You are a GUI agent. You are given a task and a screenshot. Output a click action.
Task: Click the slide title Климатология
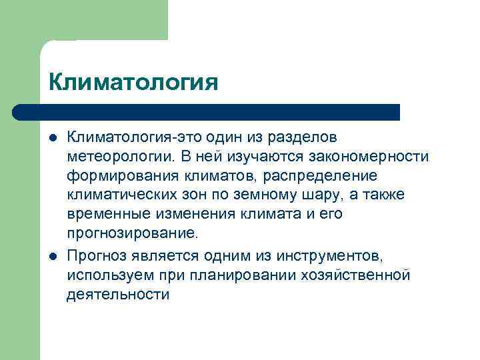[133, 83]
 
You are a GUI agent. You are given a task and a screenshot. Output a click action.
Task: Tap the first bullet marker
[52, 138]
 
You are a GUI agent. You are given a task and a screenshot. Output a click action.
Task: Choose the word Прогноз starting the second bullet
[97, 255]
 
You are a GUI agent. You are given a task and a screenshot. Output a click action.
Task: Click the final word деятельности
[118, 294]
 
